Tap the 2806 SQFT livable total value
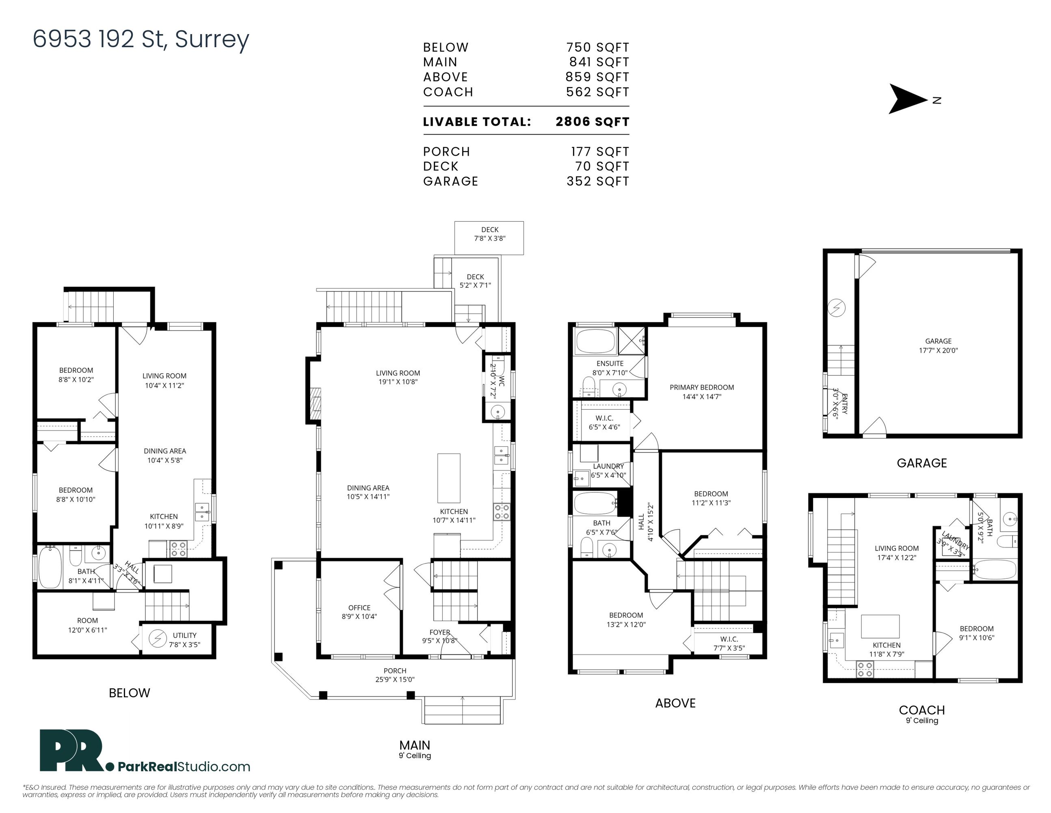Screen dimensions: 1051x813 (x=593, y=122)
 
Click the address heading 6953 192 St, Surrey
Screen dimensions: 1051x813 (x=141, y=39)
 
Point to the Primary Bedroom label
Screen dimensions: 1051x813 (x=702, y=391)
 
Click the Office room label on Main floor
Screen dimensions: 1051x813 (x=359, y=612)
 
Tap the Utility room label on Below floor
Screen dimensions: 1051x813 (x=184, y=639)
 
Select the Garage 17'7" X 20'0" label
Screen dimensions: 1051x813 (x=939, y=346)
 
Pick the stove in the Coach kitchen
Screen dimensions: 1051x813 (x=865, y=670)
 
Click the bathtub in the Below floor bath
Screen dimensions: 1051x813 (x=50, y=567)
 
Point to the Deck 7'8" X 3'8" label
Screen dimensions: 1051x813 (x=490, y=234)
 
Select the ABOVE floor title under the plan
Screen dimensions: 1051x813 (x=675, y=703)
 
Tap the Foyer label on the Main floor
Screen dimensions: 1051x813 (x=440, y=633)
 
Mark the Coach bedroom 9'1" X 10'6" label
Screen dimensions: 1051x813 (x=977, y=633)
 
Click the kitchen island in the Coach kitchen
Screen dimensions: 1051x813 (x=880, y=626)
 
